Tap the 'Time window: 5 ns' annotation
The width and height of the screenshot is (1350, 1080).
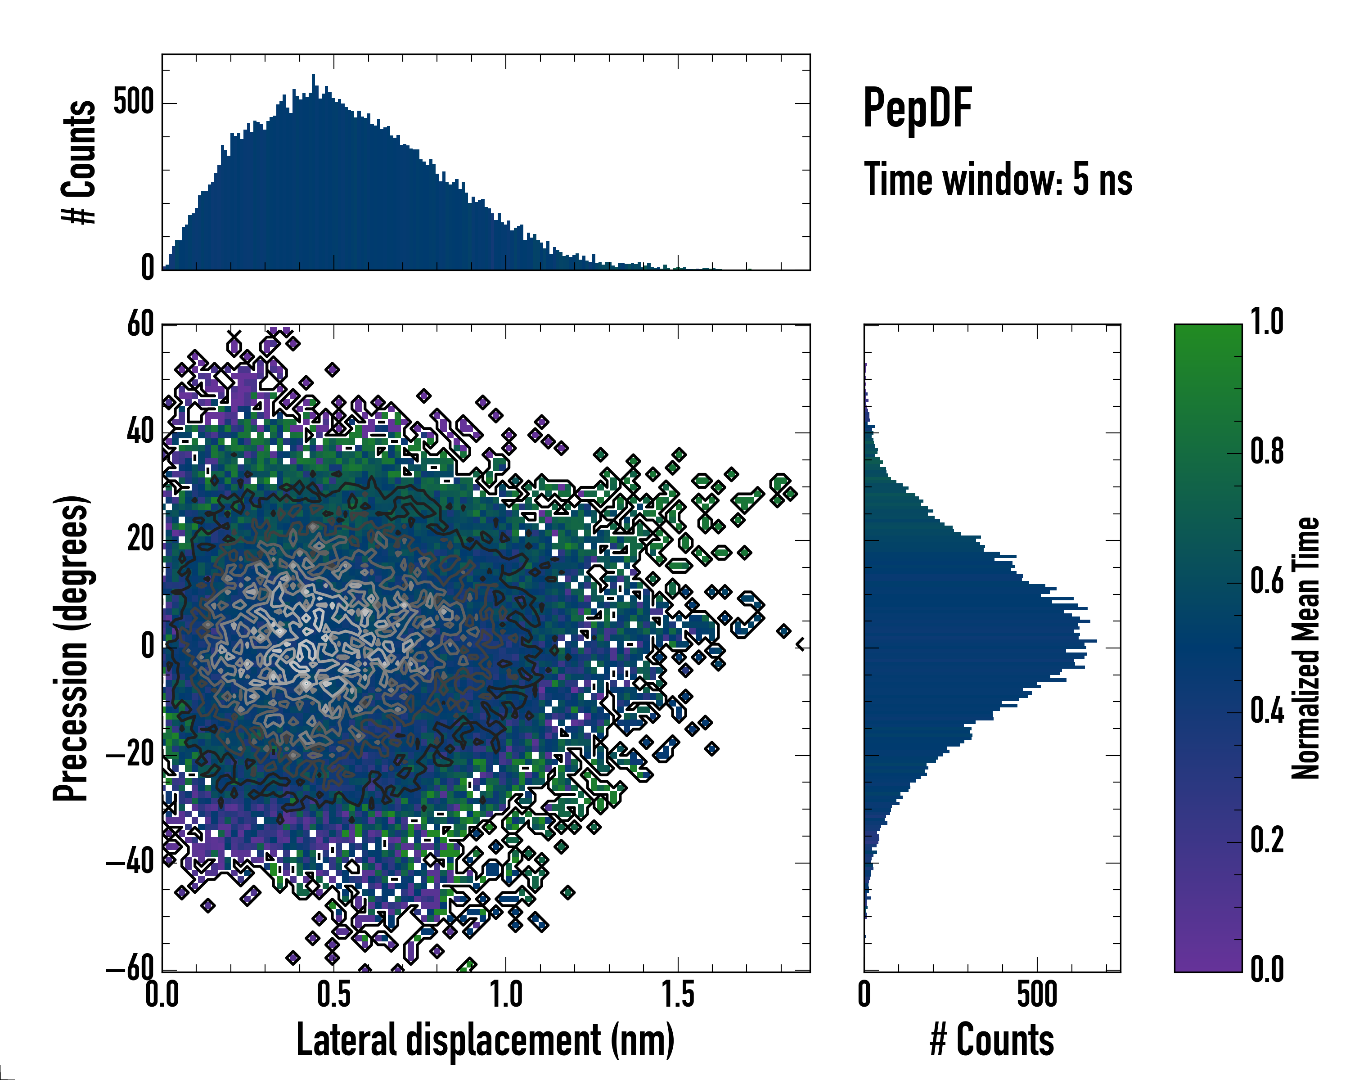coord(998,180)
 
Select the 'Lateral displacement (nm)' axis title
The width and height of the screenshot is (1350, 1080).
coord(485,1039)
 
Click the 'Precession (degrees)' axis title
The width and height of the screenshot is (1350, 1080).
coord(71,648)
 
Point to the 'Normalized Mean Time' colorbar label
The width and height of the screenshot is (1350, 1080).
coord(1305,648)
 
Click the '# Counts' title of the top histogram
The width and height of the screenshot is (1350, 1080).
coord(79,162)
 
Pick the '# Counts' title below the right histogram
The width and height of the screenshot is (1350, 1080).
coord(992,1039)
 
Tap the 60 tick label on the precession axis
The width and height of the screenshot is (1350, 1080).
coord(140,324)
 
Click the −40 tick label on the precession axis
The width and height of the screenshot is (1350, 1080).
coord(130,863)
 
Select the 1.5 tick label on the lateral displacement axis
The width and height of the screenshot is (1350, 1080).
coord(678,995)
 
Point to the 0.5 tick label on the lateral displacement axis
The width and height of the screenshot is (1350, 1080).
coord(334,995)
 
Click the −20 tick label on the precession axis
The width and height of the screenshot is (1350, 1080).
coord(130,755)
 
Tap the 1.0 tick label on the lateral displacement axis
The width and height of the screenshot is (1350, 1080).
coord(506,995)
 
